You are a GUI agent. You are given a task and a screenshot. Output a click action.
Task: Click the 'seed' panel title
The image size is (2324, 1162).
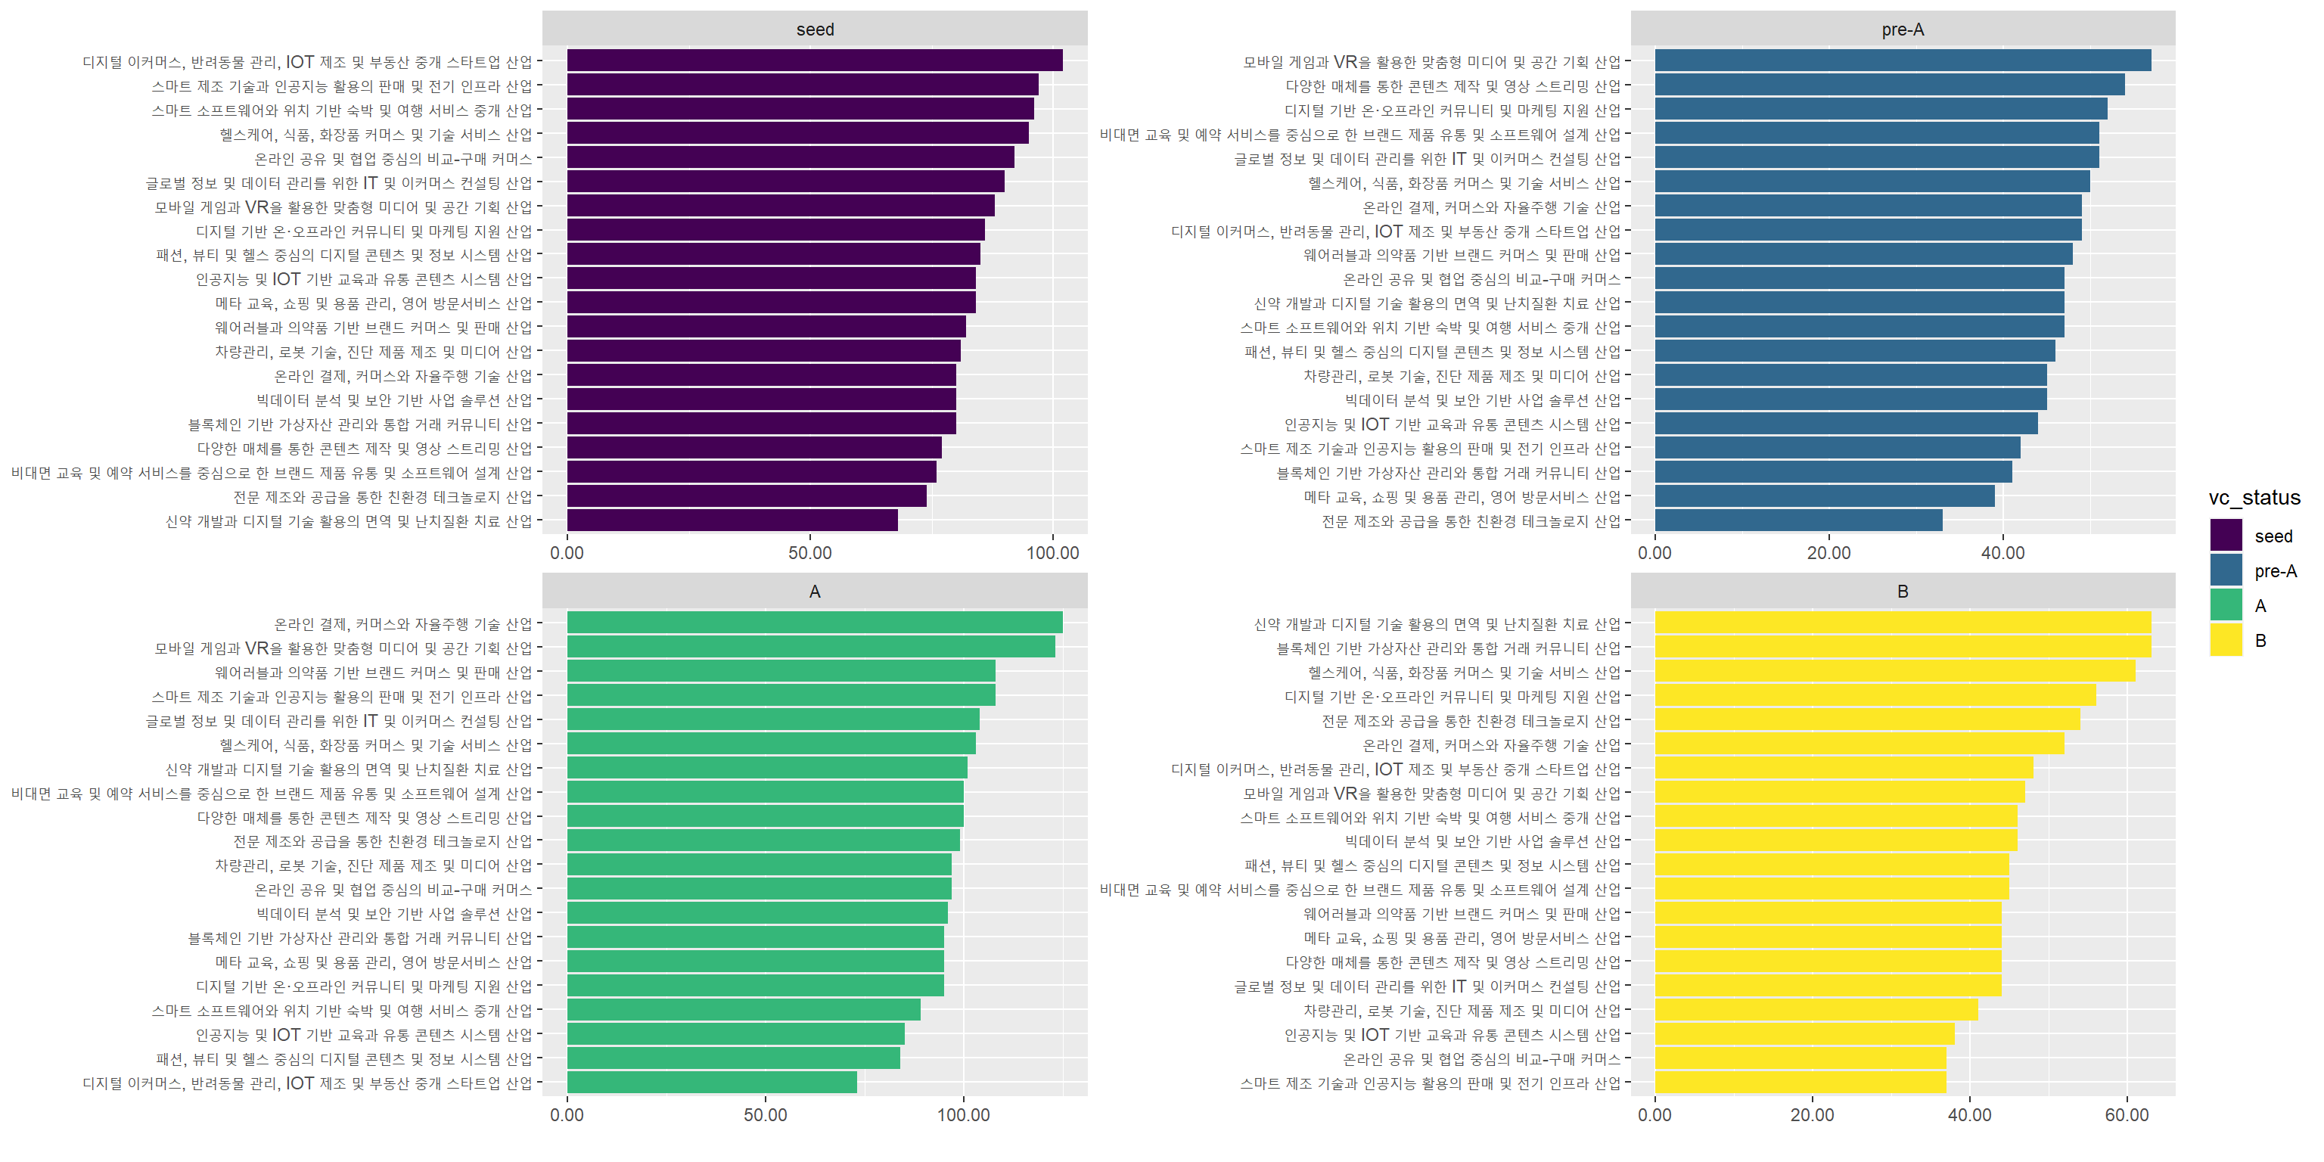[815, 30]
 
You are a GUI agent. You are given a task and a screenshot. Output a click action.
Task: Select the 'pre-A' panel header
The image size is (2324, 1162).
[1903, 30]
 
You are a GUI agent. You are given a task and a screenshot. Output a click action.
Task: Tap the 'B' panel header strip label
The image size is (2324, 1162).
[1903, 592]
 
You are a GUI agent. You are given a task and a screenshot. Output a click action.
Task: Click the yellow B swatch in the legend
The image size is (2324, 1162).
[2226, 641]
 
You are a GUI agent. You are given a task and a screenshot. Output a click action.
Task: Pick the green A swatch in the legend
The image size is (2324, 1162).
[2226, 605]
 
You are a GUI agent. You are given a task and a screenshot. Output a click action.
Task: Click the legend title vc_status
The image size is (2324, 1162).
[2254, 498]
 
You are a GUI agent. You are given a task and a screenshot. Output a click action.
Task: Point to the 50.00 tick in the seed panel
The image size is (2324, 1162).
[809, 553]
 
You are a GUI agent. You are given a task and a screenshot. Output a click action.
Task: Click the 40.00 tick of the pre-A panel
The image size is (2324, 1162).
[2002, 553]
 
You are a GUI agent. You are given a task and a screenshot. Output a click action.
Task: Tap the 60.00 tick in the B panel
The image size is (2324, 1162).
[2127, 1115]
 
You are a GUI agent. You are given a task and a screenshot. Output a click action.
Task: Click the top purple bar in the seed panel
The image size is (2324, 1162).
[814, 61]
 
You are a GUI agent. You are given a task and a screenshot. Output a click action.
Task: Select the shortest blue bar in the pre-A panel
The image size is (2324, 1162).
[1798, 520]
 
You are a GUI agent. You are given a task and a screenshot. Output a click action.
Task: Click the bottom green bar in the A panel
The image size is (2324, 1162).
[712, 1083]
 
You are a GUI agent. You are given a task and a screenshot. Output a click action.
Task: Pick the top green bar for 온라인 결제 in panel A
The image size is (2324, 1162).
[814, 623]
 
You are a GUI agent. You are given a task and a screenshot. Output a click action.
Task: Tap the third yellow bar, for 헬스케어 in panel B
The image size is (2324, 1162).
[1894, 672]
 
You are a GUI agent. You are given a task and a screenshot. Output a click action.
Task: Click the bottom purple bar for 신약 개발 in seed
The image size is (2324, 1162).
[732, 520]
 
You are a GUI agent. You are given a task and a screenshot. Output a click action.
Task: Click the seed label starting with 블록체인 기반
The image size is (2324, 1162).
[360, 424]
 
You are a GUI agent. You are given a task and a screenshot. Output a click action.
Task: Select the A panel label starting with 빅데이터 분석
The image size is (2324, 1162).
[394, 914]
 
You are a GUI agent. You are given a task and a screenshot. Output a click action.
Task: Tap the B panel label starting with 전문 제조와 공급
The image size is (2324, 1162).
[1471, 721]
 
